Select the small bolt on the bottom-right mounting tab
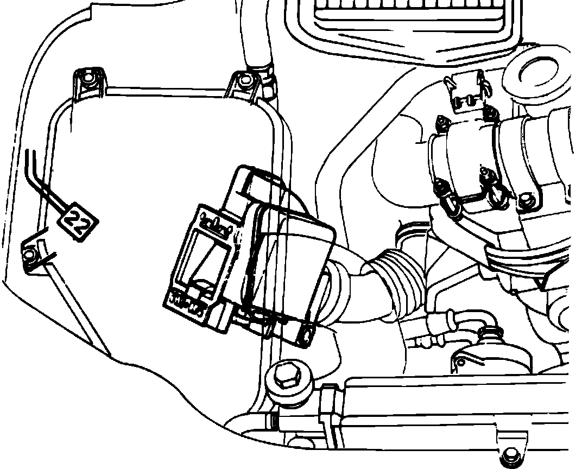pyautogui.click(x=510, y=455)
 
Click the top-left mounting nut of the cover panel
pyautogui.click(x=88, y=79)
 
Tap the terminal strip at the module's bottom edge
pyautogui.click(x=187, y=302)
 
